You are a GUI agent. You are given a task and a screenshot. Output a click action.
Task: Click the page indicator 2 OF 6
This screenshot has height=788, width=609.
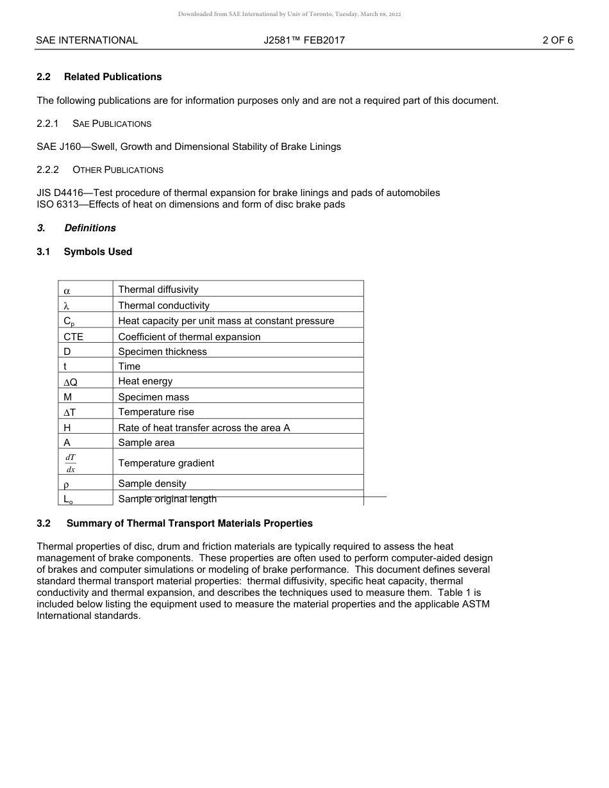[x=557, y=40]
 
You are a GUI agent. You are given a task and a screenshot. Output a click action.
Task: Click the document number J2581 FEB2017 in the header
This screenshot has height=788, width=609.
[x=304, y=40]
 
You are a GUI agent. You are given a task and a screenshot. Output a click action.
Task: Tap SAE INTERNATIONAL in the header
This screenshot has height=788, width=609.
[x=87, y=40]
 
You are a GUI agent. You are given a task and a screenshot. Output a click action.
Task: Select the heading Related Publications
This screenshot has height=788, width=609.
[x=113, y=77]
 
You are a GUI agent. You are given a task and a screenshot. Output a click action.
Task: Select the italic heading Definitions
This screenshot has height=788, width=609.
[x=90, y=228]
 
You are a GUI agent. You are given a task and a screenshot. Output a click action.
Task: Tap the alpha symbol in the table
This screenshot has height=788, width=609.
[x=67, y=290]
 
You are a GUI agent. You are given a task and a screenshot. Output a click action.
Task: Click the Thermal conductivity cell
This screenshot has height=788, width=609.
[x=163, y=306]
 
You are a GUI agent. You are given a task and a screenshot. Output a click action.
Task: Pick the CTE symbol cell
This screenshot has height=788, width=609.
[x=73, y=337]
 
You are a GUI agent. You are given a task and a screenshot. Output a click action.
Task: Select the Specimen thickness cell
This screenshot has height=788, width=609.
[x=162, y=352]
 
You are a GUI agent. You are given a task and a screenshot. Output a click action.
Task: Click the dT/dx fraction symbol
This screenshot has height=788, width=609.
[x=71, y=463]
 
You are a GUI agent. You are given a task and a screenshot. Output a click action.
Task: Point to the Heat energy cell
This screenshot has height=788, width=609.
[x=145, y=381]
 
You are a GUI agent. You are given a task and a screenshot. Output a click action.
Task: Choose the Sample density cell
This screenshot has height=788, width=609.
[x=152, y=484]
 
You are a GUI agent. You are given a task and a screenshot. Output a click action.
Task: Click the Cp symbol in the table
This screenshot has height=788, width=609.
[x=69, y=321]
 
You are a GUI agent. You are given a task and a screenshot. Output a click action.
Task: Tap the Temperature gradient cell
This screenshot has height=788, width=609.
[x=166, y=463]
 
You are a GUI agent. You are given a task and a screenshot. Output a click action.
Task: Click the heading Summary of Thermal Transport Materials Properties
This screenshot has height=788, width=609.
[x=189, y=523]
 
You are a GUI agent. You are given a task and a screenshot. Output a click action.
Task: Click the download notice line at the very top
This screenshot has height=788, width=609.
[x=290, y=14]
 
